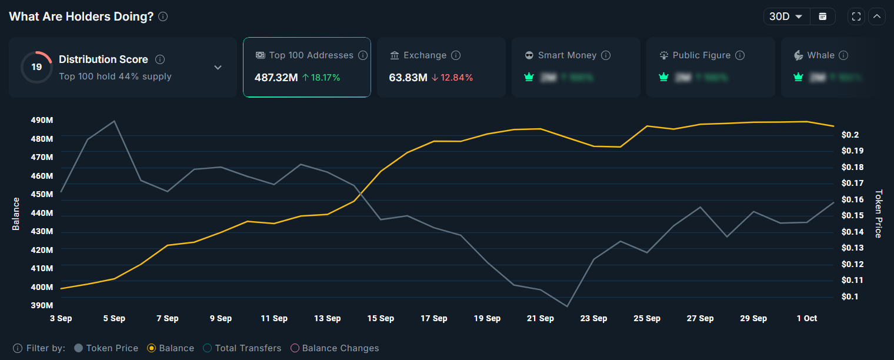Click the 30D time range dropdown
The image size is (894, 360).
[x=786, y=16]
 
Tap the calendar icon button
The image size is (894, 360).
[x=822, y=16]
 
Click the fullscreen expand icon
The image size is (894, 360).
[x=856, y=16]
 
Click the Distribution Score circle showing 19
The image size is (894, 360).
[x=36, y=67]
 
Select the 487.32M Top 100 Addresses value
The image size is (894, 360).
[x=276, y=77]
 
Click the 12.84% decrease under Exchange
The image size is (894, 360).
[x=452, y=77]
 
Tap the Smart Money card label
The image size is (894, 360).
[x=567, y=55]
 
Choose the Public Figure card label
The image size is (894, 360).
[x=701, y=55]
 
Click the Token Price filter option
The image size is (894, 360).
[x=106, y=348]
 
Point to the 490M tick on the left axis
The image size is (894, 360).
[x=42, y=120]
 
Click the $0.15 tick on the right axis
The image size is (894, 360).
[x=853, y=215]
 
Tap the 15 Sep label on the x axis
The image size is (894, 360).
[x=381, y=318]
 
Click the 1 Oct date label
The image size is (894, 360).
[x=806, y=318]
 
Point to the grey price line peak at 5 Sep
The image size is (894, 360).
[x=114, y=121]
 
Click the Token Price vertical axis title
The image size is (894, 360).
[x=878, y=214]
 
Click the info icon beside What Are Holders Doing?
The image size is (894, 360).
[x=163, y=16]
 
